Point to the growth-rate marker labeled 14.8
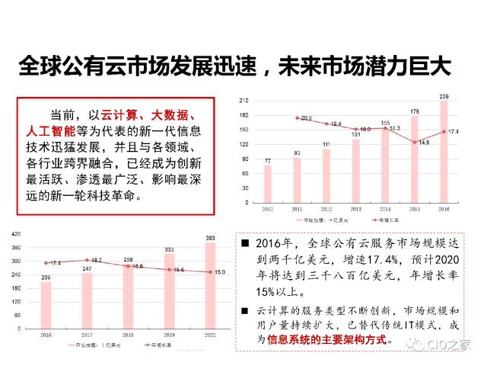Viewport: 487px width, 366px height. pyautogui.click(x=415, y=142)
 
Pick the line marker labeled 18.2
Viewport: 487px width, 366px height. pyautogui.click(x=87, y=260)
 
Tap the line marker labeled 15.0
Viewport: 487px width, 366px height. pyautogui.click(x=209, y=272)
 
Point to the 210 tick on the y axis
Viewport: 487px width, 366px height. pyautogui.click(x=244, y=100)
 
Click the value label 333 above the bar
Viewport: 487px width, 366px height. pyautogui.click(x=168, y=249)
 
